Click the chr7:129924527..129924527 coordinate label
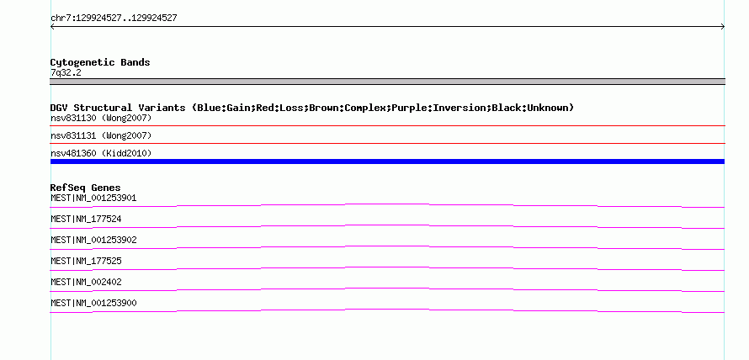pyautogui.click(x=114, y=19)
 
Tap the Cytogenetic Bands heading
pyautogui.click(x=100, y=62)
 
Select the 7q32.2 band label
pyautogui.click(x=66, y=72)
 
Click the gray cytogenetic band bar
pyautogui.click(x=387, y=82)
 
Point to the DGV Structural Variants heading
pyautogui.click(x=312, y=108)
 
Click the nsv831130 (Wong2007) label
pyautogui.click(x=101, y=118)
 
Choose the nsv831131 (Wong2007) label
pyautogui.click(x=101, y=135)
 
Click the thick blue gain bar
pyautogui.click(x=387, y=161)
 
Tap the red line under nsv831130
pyautogui.click(x=387, y=125)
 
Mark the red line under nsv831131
pyautogui.click(x=387, y=143)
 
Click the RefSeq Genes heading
pyautogui.click(x=86, y=188)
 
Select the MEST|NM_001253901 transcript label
pyautogui.click(x=93, y=198)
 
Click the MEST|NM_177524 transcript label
pyautogui.click(x=86, y=220)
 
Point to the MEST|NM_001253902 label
pyautogui.click(x=93, y=240)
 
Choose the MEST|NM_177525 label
pyautogui.click(x=86, y=261)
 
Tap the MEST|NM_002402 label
pyautogui.click(x=86, y=282)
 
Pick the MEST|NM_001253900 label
pyautogui.click(x=93, y=303)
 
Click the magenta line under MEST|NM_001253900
pyautogui.click(x=387, y=310)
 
